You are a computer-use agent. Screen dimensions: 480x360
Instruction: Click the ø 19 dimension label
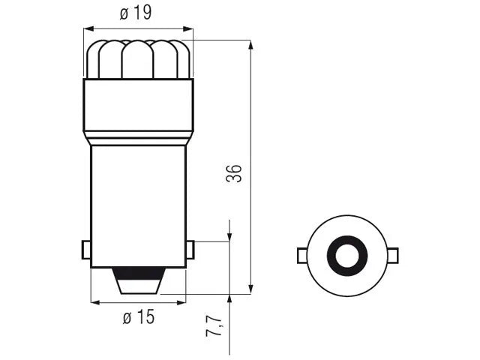pyautogui.click(x=136, y=13)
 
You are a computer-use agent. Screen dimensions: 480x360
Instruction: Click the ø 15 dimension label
pyautogui.click(x=139, y=316)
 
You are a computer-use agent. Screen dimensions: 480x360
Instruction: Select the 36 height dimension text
pyautogui.click(x=234, y=173)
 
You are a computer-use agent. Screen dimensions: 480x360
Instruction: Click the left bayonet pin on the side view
pyautogui.click(x=86, y=250)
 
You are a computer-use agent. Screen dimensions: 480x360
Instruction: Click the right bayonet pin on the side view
pyautogui.click(x=190, y=250)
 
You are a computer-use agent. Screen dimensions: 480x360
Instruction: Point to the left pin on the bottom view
pyautogui.click(x=301, y=256)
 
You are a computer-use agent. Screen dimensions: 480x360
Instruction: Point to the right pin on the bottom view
pyautogui.click(x=393, y=256)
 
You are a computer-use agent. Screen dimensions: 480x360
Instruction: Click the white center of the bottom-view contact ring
pyautogui.click(x=347, y=256)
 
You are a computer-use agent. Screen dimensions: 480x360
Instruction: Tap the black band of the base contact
pyautogui.click(x=139, y=273)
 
